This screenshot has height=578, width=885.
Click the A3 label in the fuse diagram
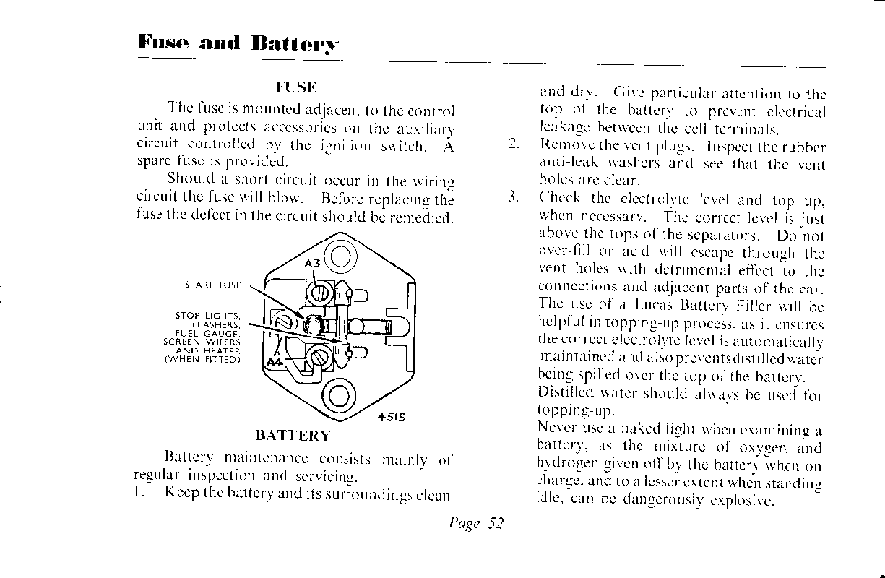pyautogui.click(x=312, y=264)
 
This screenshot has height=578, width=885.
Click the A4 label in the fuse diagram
pyautogui.click(x=275, y=361)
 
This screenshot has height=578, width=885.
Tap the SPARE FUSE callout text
pyautogui.click(x=213, y=285)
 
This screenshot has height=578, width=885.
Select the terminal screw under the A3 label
pyautogui.click(x=319, y=292)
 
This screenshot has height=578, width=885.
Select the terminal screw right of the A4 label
pyautogui.click(x=319, y=355)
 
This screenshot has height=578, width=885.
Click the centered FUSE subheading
pyautogui.click(x=296, y=88)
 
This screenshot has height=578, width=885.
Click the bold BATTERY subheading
pyautogui.click(x=293, y=436)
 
